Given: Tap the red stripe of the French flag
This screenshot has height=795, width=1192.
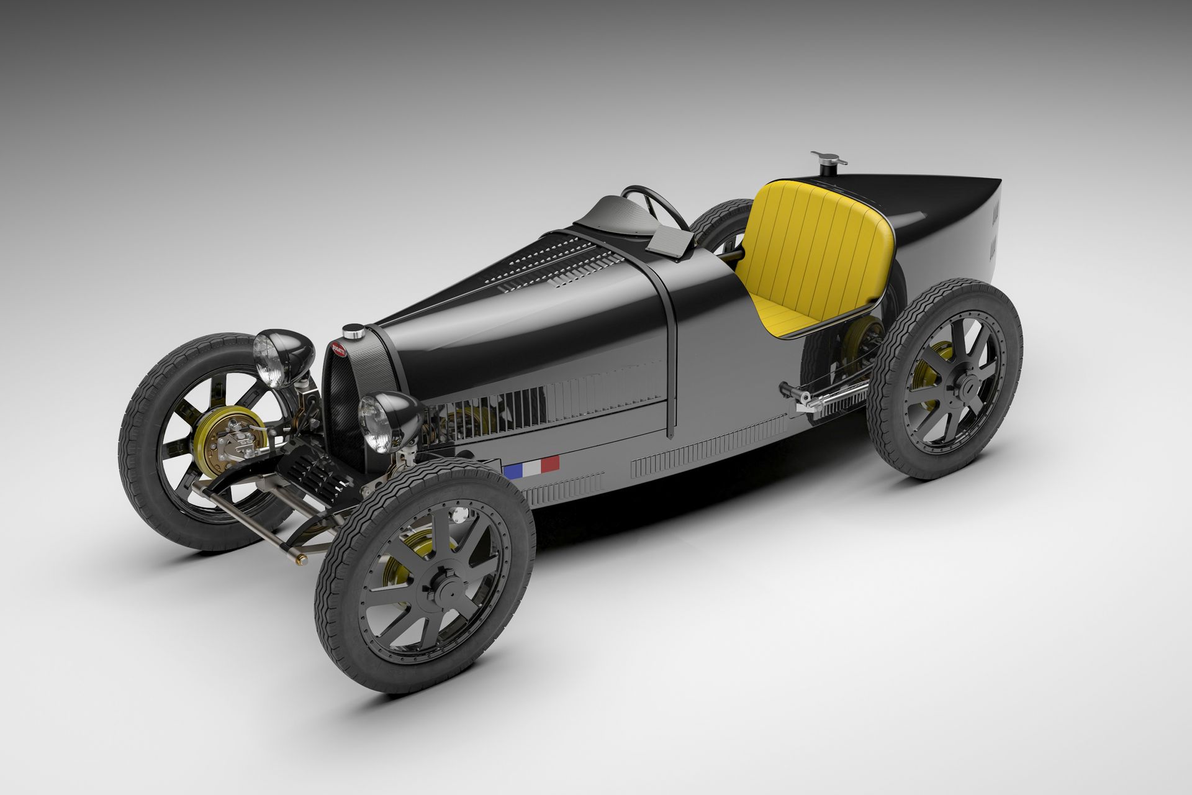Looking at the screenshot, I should [550, 463].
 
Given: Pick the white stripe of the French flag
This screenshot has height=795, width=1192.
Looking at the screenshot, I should [531, 466].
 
